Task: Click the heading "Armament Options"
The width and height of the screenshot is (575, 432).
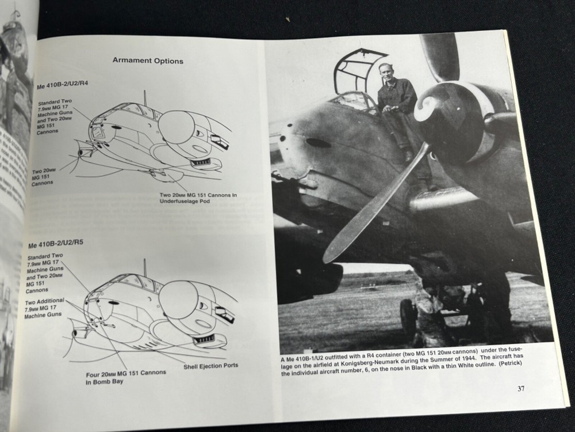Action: point(148,60)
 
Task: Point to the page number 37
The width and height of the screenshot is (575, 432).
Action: point(520,388)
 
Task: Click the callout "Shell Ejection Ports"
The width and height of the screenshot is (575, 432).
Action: point(210,366)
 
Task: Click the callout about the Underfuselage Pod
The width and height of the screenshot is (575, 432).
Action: point(198,199)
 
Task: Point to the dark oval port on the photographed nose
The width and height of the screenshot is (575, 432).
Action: point(318,142)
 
